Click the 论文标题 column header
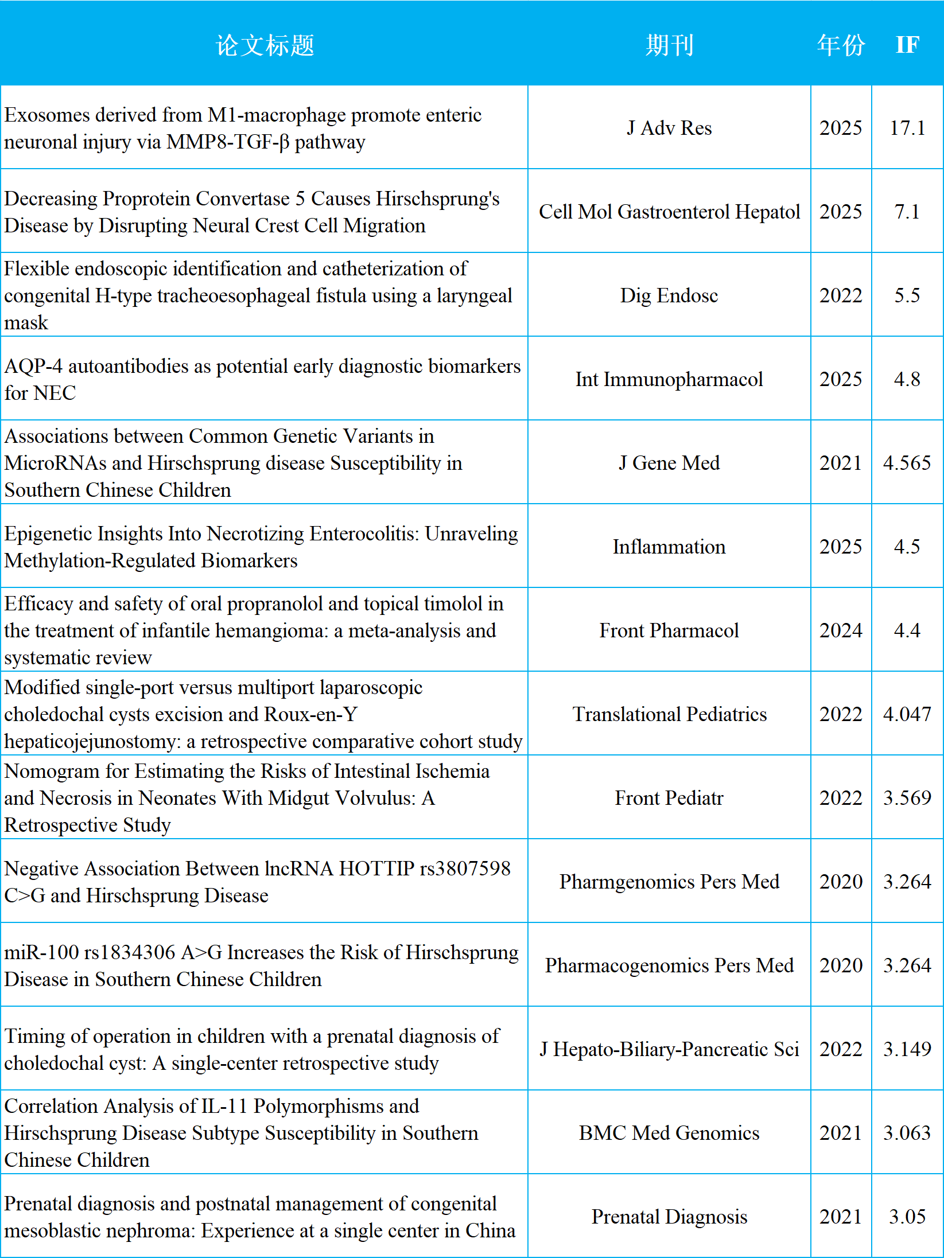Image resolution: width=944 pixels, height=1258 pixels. coord(265,45)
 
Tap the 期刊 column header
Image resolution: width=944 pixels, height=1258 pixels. coord(669,45)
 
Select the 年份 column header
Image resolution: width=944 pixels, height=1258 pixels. coord(841,45)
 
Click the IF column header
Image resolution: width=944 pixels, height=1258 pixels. coord(907,45)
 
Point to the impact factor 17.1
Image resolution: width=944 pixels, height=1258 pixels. coord(907,127)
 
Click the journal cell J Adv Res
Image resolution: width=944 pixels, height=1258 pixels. coord(669,127)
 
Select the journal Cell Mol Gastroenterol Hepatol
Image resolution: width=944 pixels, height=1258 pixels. coord(669,212)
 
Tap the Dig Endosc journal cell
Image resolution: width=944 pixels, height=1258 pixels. coord(669,295)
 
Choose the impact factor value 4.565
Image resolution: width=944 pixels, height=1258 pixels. coord(907,463)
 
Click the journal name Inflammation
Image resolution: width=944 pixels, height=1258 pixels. coord(669,547)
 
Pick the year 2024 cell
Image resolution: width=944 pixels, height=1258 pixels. coord(841,630)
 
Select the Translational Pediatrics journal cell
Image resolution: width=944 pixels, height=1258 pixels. coord(669,714)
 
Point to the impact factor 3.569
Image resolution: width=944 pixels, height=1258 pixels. coord(907,798)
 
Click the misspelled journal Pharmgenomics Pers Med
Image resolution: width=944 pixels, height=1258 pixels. coord(669,882)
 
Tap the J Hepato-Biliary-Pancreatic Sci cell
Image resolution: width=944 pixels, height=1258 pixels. coord(669,1049)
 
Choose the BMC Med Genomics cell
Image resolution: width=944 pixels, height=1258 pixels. coord(669,1133)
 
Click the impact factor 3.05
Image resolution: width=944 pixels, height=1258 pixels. coord(907,1217)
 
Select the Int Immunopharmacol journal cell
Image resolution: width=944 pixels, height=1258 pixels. coord(669,379)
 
